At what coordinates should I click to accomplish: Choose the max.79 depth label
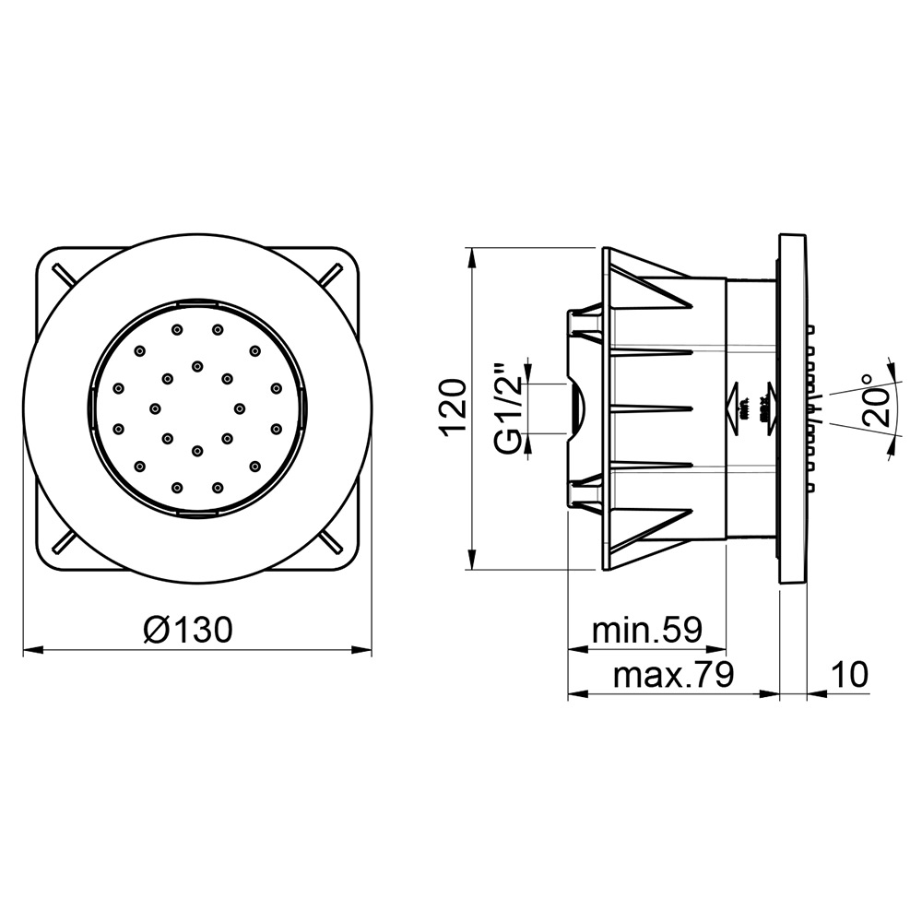point(672,676)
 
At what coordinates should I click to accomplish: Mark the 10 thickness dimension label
point(847,676)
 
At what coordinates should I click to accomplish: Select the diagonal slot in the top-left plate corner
point(65,274)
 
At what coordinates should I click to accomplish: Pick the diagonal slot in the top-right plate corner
point(329,274)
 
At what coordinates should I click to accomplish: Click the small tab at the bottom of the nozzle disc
point(197,514)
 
